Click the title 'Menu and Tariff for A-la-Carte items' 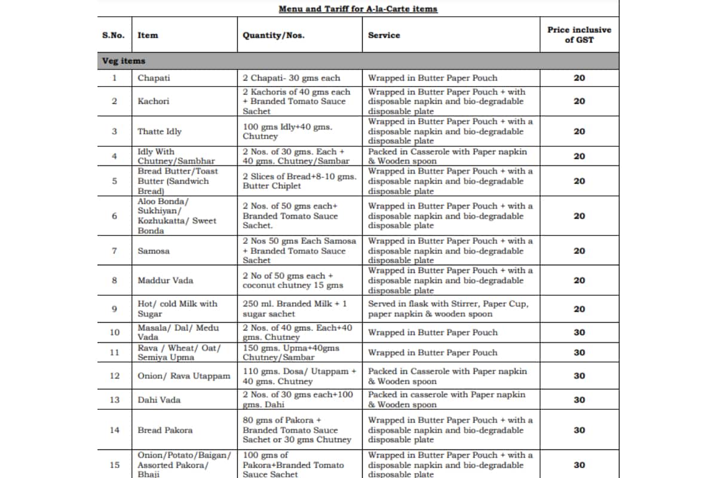[358, 9]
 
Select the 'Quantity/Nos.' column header [273, 35]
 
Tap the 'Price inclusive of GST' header [579, 35]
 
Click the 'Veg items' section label [124, 61]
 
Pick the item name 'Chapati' [154, 78]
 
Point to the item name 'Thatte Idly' [160, 131]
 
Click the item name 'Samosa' [154, 251]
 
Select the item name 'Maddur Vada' [166, 280]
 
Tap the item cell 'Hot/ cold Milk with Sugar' [177, 309]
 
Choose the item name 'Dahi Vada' [159, 400]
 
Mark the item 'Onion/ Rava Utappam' [183, 376]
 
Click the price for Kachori [579, 101]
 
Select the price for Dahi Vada [579, 400]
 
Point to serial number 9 [114, 309]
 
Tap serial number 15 [114, 465]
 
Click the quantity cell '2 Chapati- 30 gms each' [291, 78]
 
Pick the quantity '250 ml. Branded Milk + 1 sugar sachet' [295, 309]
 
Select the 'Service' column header [384, 35]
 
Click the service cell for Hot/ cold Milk [448, 309]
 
